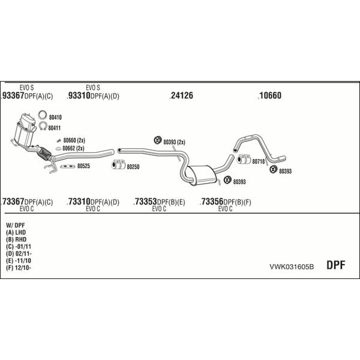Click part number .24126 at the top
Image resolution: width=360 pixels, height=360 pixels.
[x=181, y=95]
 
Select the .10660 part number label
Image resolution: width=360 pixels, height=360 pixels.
[x=269, y=95]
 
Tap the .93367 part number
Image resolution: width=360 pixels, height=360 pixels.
[x=13, y=95]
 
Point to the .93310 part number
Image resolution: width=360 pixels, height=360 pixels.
[x=79, y=95]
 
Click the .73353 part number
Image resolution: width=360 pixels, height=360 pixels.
[x=145, y=202]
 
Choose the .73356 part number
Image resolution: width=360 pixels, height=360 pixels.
[x=211, y=202]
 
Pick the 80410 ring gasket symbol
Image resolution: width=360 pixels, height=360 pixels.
[x=43, y=115]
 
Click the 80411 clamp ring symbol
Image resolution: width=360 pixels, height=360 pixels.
[x=43, y=126]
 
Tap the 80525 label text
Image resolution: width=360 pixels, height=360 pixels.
[x=83, y=166]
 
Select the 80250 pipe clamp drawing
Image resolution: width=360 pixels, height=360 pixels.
[x=118, y=164]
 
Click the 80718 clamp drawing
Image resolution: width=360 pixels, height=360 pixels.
[x=244, y=160]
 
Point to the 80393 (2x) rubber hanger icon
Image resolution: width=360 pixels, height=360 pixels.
[x=158, y=140]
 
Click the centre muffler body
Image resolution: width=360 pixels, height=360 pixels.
[x=202, y=175]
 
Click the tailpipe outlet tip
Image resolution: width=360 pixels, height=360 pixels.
[x=282, y=158]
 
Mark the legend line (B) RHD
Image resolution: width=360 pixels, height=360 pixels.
[x=16, y=239]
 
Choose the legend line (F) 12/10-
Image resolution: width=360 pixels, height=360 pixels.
[x=19, y=268]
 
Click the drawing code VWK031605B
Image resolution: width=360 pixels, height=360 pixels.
[x=292, y=267]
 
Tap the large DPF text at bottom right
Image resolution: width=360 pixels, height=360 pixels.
[x=335, y=265]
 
